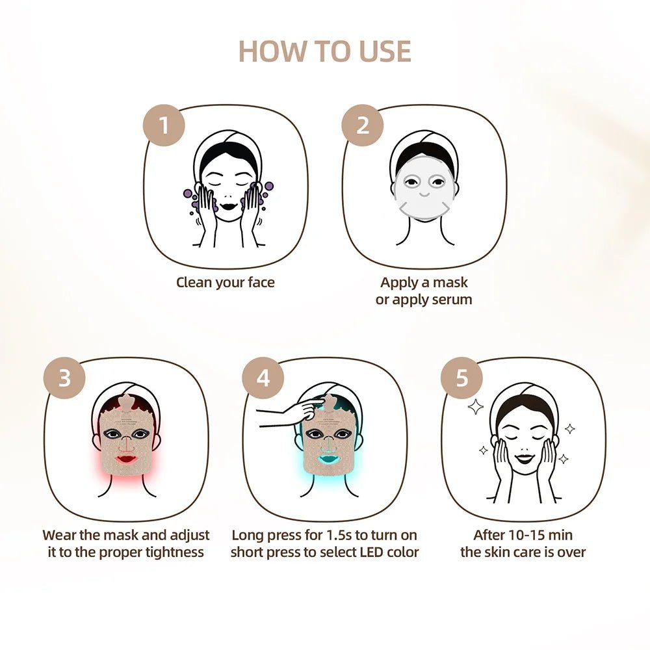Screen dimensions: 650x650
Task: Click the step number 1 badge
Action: tap(164, 124)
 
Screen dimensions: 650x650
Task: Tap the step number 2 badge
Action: tap(363, 124)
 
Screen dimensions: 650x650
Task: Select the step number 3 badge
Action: tap(64, 378)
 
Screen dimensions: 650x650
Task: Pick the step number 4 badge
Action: tap(263, 378)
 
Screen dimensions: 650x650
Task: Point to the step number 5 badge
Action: tap(462, 378)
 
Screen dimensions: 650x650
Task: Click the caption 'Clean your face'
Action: tap(226, 283)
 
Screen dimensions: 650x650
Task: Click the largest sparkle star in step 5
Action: tap(476, 408)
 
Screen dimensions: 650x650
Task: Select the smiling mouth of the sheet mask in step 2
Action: tap(424, 194)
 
